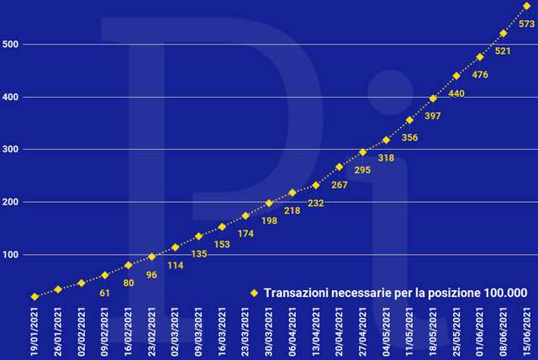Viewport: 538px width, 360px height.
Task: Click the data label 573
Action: pos(527,24)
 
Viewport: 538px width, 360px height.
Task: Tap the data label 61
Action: pos(105,294)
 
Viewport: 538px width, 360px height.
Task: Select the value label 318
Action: pos(386,158)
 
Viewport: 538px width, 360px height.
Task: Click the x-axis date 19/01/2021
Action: pos(34,331)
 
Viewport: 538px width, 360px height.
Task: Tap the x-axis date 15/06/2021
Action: pos(527,331)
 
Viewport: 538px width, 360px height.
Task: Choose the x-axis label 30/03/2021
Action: pos(269,331)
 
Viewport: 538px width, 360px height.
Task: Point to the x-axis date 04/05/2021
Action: pos(387,331)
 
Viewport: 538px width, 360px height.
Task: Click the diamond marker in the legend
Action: pos(253,293)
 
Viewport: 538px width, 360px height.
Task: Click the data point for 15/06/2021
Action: pos(526,6)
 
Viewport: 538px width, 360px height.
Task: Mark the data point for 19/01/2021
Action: pos(34,296)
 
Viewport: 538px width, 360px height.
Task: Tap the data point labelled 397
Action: pos(433,98)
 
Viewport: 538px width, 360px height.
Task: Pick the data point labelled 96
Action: pos(151,257)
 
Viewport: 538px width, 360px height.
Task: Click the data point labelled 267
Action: pos(340,167)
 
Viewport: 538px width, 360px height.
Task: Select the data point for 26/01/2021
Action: pos(58,289)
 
